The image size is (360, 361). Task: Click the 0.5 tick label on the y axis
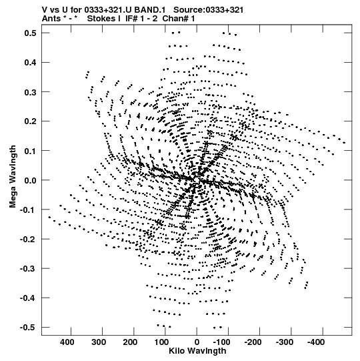coord(31,33)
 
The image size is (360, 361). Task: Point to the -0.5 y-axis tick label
coord(28,327)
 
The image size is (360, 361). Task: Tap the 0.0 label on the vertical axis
coord(31,180)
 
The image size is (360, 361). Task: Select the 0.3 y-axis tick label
coord(31,92)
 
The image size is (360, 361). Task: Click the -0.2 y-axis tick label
coord(28,239)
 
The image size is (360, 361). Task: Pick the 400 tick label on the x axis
coord(67,342)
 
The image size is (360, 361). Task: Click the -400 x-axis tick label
coord(316,342)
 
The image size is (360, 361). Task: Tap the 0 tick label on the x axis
coord(197,342)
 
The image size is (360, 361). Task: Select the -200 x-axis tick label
coord(253,342)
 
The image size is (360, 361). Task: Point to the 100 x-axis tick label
coord(161,342)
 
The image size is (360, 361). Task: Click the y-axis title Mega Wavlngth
coord(13,177)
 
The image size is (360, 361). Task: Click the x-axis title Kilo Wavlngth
coord(197,351)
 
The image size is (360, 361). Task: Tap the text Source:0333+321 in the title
coord(209,10)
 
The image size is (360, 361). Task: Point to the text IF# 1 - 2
coord(141,19)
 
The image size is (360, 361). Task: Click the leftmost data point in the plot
coord(49,217)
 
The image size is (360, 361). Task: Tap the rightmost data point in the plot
coord(344,143)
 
